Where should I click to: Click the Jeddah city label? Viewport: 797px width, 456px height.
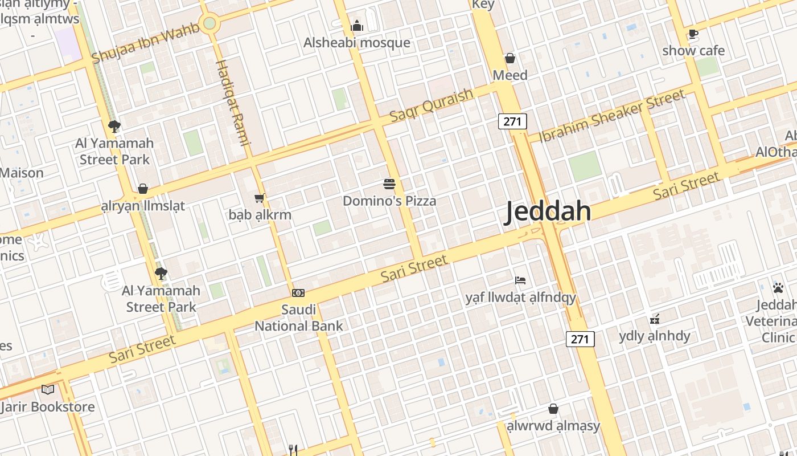[549, 211]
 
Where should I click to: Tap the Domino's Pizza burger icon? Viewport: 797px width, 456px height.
[389, 184]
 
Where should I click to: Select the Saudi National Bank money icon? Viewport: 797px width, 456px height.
[298, 293]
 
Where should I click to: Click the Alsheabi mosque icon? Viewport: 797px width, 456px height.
[357, 26]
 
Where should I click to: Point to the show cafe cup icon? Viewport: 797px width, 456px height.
[693, 34]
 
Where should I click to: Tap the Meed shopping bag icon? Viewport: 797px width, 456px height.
[510, 58]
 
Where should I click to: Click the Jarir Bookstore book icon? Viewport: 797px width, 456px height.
[48, 389]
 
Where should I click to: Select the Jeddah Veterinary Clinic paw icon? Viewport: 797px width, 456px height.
[778, 288]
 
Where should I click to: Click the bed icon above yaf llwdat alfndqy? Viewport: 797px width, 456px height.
[520, 280]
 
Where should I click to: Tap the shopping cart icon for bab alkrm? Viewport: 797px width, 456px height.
[260, 198]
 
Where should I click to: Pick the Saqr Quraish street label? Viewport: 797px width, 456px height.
[432, 105]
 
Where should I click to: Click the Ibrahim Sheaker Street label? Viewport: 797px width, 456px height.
[612, 116]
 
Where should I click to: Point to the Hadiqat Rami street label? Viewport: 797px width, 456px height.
[233, 103]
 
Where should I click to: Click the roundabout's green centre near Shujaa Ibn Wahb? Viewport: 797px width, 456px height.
[209, 23]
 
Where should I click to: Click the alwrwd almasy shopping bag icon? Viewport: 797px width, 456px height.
[553, 409]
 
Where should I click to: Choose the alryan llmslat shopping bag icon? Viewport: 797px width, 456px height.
[143, 189]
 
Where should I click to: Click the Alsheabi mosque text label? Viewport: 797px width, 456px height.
[357, 43]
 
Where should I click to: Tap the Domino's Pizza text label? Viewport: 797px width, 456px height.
[389, 201]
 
